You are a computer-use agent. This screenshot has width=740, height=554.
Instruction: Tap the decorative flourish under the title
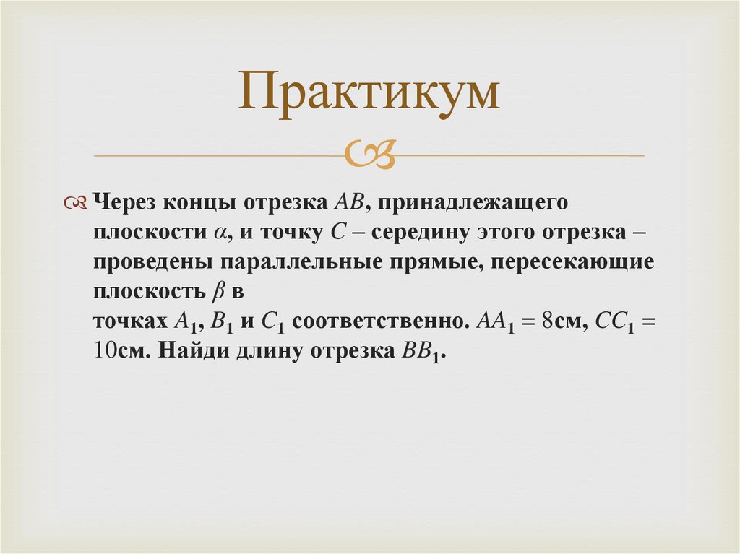[x=369, y=155]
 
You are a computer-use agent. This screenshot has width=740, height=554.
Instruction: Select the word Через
[x=121, y=203]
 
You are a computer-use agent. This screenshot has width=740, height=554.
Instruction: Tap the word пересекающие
[x=572, y=263]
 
